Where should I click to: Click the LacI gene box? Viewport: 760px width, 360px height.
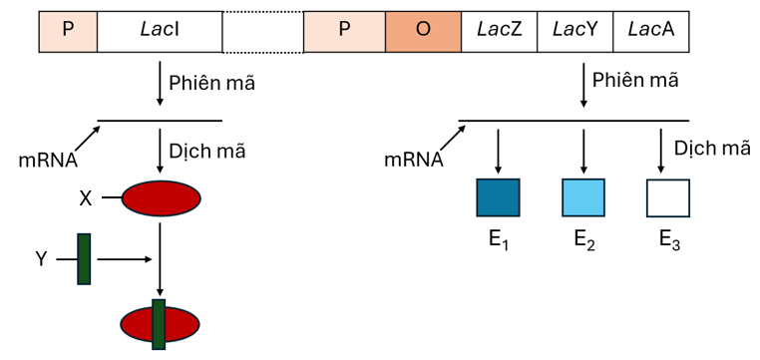pyautogui.click(x=160, y=31)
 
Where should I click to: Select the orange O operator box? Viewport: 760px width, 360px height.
pyautogui.click(x=423, y=31)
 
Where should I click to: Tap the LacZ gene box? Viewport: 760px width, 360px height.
pyautogui.click(x=499, y=31)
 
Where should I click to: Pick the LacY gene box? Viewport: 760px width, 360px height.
pyautogui.click(x=574, y=31)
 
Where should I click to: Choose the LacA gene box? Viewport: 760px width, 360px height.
pyautogui.click(x=650, y=31)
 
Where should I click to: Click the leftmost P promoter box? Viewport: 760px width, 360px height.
pyautogui.click(x=68, y=31)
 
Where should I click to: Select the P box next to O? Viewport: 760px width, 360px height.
pyautogui.click(x=344, y=31)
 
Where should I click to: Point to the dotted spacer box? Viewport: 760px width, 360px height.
pyautogui.click(x=262, y=31)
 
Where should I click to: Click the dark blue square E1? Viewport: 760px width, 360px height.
pyautogui.click(x=498, y=197)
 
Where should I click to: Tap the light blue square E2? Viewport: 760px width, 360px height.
pyautogui.click(x=582, y=197)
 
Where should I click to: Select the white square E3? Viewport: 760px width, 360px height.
pyautogui.click(x=667, y=197)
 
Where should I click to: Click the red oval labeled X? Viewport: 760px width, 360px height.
pyautogui.click(x=161, y=198)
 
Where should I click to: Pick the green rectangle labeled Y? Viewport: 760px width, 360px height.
pyautogui.click(x=84, y=258)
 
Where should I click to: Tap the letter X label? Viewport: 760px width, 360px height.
pyautogui.click(x=86, y=198)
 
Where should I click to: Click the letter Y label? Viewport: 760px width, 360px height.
pyautogui.click(x=41, y=259)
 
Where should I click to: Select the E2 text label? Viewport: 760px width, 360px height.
pyautogui.click(x=584, y=240)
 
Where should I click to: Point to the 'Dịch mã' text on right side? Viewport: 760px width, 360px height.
pyautogui.click(x=712, y=149)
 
